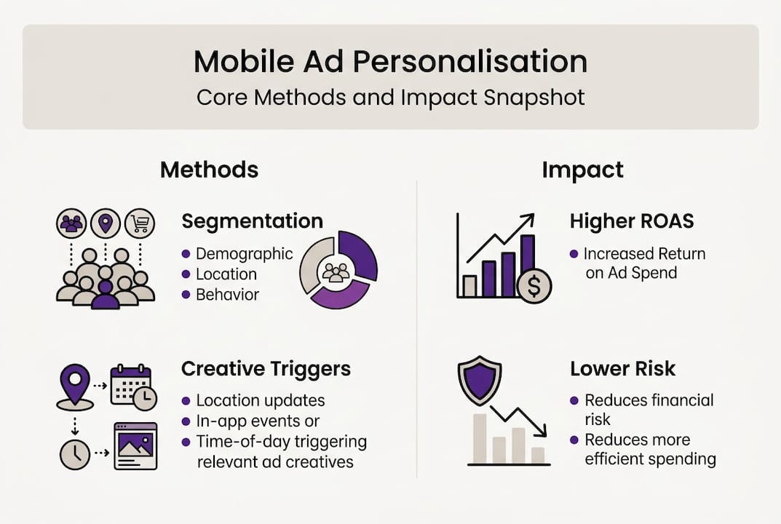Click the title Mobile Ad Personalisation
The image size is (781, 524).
[x=390, y=63]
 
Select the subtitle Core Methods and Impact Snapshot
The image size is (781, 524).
[x=390, y=98]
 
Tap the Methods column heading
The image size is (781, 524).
[x=209, y=170]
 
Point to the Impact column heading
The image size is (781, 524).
[x=582, y=170]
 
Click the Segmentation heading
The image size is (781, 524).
[x=252, y=221]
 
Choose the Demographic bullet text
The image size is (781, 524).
[x=245, y=254]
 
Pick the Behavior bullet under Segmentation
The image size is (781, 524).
[x=227, y=295]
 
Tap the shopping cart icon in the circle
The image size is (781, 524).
[x=139, y=224]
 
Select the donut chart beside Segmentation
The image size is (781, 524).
[x=338, y=269]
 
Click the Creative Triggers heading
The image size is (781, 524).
[x=266, y=369]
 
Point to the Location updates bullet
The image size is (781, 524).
[x=260, y=400]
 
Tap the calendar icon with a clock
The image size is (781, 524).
[x=132, y=385]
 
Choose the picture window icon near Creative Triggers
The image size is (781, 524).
[x=135, y=445]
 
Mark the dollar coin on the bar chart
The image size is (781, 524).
[x=534, y=286]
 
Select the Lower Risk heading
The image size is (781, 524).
[x=622, y=369]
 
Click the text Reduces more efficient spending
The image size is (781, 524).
[x=650, y=449]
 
